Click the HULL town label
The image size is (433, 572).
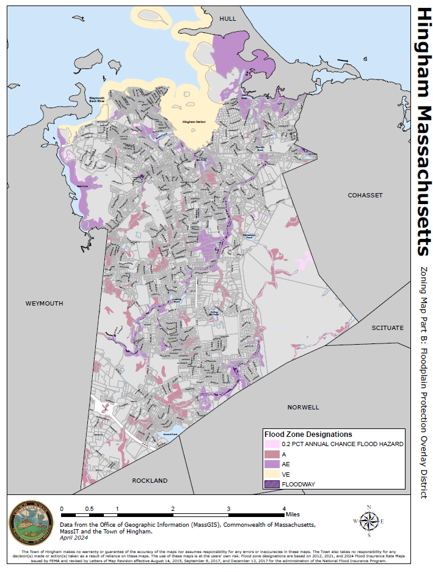click(228, 19)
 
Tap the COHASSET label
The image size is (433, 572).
click(365, 195)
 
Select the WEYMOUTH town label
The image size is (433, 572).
click(44, 303)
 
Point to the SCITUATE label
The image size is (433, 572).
click(388, 328)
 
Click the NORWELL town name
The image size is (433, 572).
click(304, 406)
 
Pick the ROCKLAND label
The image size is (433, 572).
click(150, 481)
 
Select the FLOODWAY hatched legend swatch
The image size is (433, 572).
click(272, 484)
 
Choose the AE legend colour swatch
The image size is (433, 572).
click(272, 464)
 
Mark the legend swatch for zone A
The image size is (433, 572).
click(272, 454)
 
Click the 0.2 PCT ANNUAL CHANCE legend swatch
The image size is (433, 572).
click(272, 444)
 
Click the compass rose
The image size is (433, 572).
click(369, 521)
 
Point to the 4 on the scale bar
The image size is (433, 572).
click(283, 508)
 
